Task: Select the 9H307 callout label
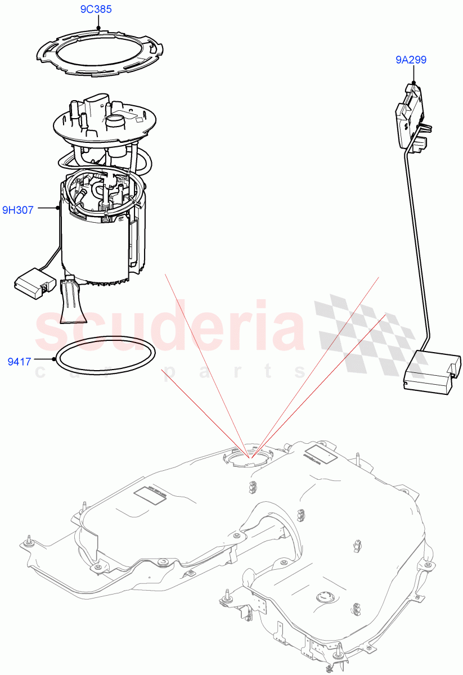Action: point(17,210)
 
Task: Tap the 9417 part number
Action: point(19,362)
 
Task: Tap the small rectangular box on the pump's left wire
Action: point(32,280)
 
